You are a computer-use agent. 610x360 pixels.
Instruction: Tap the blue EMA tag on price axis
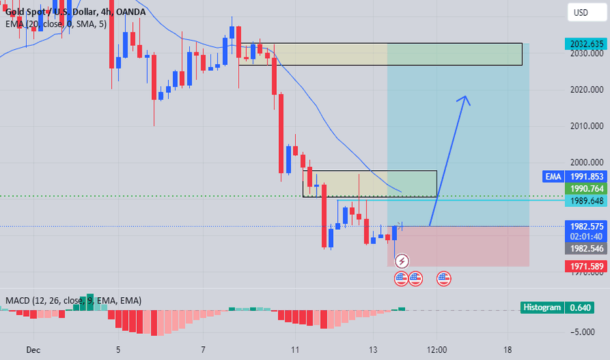point(552,176)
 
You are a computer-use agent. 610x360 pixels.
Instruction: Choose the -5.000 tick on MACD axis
point(583,331)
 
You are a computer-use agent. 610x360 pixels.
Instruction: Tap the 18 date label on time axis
point(509,350)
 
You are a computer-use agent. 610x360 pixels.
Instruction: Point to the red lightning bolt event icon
point(402,261)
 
